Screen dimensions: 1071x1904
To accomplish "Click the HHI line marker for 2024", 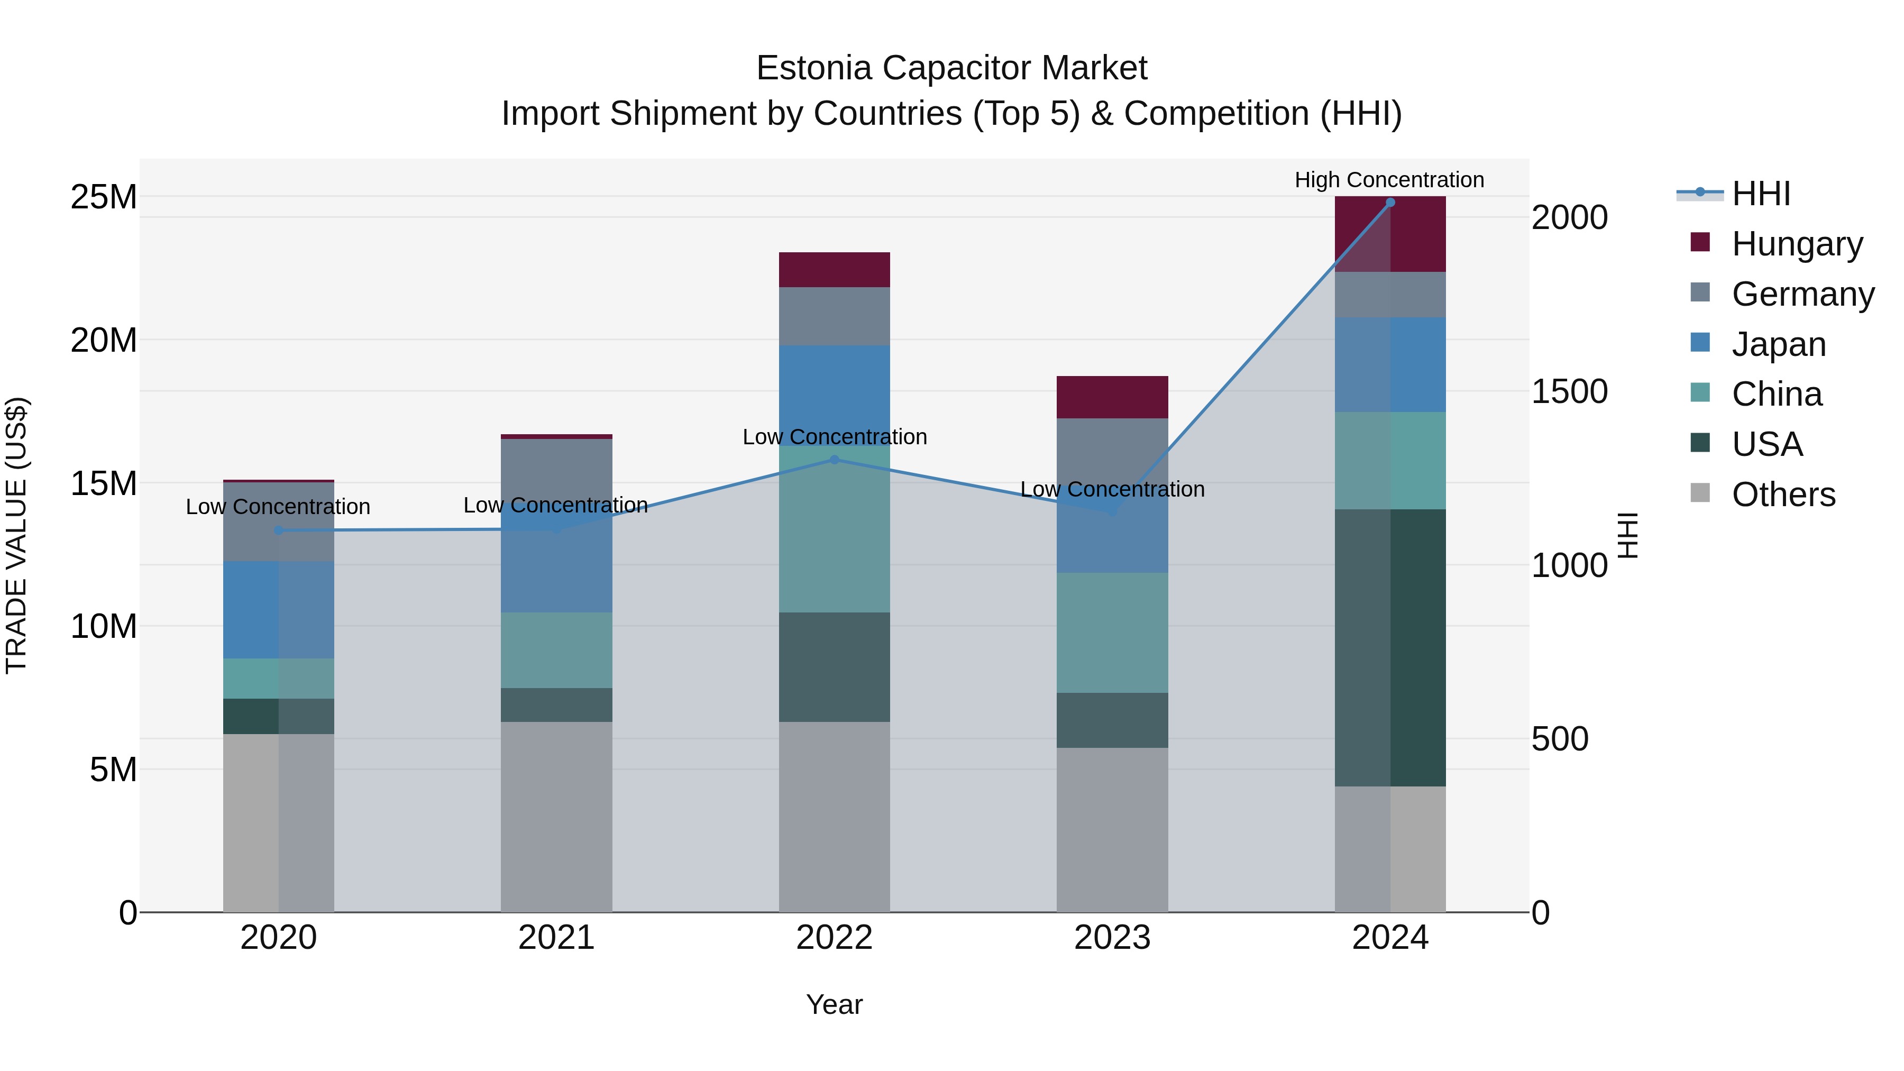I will pos(1389,203).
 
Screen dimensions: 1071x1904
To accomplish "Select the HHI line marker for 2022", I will pos(835,460).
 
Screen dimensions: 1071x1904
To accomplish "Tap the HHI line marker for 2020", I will pos(279,530).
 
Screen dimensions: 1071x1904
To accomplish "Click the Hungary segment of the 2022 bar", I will pos(835,270).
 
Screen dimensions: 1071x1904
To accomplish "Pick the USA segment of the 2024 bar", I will pos(1389,647).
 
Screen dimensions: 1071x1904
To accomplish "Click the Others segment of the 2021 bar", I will pos(556,817).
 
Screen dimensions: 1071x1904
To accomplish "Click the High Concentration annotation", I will pos(1389,180).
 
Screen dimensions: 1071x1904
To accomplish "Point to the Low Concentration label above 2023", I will pos(1112,489).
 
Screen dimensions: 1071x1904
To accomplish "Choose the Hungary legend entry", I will pos(1796,244).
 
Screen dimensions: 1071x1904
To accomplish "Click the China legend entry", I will pos(1776,394).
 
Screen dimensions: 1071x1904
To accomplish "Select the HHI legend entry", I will pos(1761,194).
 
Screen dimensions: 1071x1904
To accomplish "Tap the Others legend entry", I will pos(1783,495).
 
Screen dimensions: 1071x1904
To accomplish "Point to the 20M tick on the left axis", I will pos(104,341).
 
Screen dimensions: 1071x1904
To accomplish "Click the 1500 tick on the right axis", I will pos(1569,392).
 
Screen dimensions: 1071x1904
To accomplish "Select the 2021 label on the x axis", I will pos(556,938).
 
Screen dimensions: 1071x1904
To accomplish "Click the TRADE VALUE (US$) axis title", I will pos(17,535).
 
